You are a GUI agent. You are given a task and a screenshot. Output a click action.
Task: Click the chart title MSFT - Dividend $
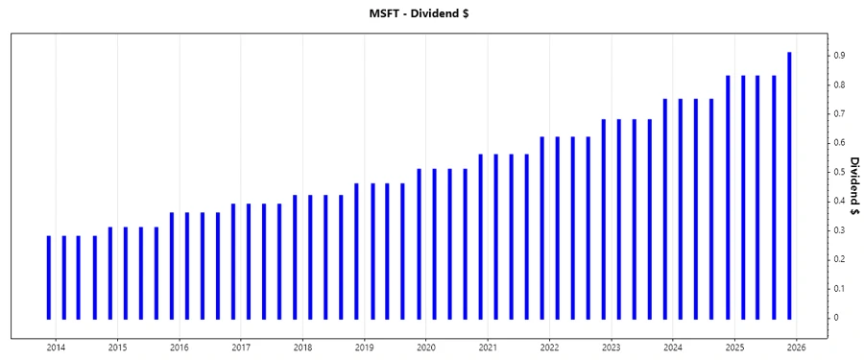[431, 13]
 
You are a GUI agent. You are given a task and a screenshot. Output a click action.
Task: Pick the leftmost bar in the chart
[48, 276]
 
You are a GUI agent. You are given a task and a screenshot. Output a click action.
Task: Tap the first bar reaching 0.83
[728, 197]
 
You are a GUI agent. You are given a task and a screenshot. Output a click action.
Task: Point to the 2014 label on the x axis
[56, 348]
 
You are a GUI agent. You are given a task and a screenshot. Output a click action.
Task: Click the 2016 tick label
[180, 348]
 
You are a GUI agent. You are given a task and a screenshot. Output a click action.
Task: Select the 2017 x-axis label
[241, 348]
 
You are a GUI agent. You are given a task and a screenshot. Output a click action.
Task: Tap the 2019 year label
[364, 348]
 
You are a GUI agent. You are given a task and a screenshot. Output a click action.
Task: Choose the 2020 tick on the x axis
[426, 348]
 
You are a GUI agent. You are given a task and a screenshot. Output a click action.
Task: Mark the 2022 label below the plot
[549, 348]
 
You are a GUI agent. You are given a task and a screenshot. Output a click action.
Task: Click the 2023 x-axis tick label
[611, 348]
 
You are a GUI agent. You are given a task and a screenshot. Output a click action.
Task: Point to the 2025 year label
[734, 348]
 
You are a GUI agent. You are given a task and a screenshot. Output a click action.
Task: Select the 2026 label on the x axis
[796, 348]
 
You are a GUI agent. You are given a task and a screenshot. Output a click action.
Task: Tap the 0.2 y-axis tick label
[838, 259]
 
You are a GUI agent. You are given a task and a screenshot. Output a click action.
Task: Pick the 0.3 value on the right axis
[838, 230]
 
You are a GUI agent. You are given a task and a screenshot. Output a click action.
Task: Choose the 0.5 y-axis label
[838, 172]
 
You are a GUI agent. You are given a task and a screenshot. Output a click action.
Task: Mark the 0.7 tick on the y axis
[838, 114]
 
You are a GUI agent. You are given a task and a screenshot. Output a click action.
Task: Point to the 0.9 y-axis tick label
[838, 56]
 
